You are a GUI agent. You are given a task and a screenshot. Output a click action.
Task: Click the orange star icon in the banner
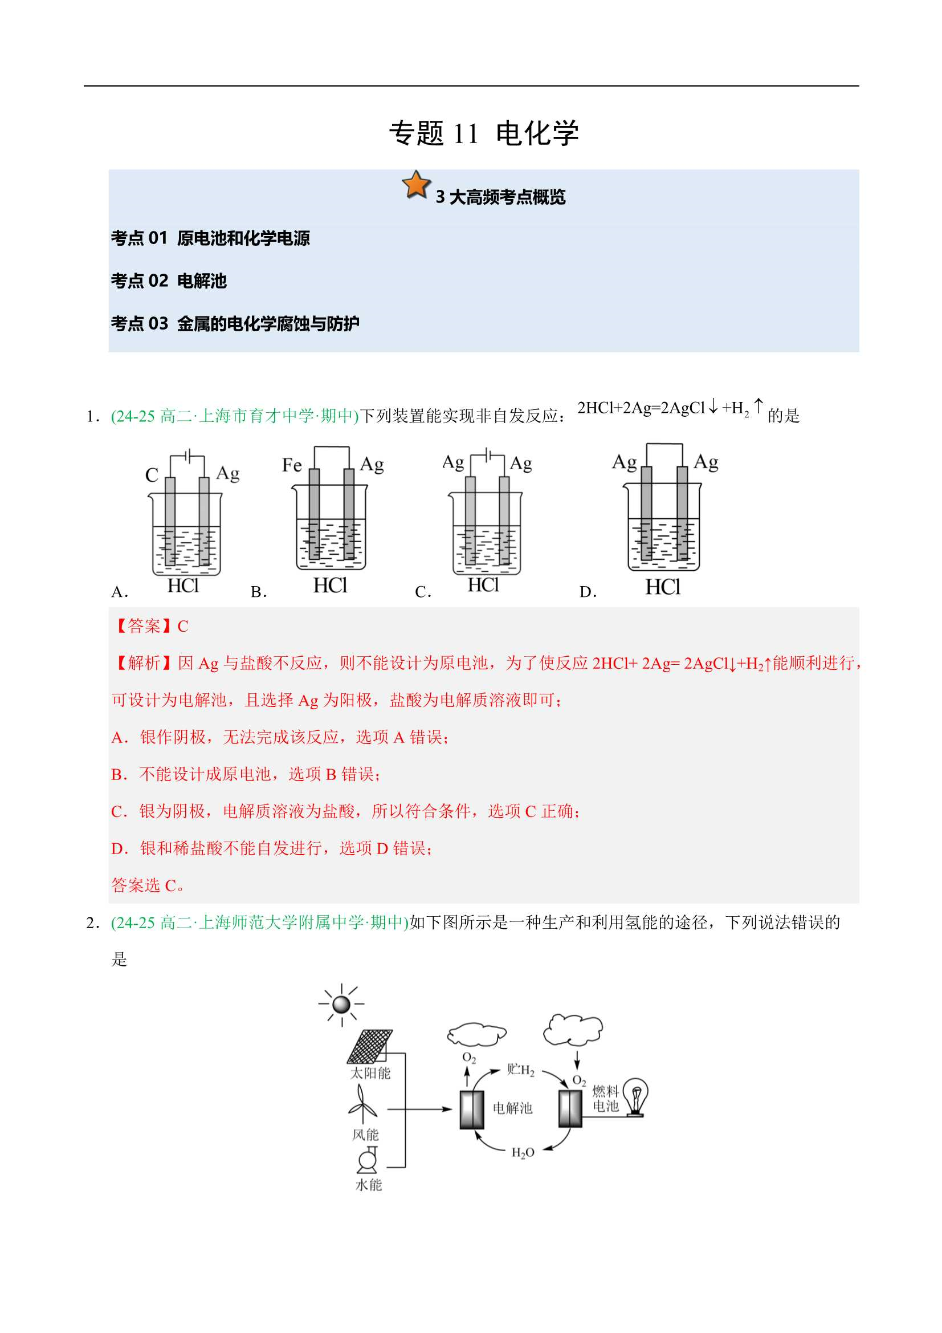(416, 185)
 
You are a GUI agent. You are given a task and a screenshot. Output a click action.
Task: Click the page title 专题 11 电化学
(484, 133)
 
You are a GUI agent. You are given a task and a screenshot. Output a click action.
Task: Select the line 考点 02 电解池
(169, 281)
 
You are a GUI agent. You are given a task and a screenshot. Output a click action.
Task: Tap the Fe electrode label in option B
(292, 465)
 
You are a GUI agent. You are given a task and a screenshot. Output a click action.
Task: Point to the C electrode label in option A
(152, 475)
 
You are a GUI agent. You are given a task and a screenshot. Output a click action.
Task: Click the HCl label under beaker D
(663, 587)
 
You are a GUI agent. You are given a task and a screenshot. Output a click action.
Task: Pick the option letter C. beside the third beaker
(423, 592)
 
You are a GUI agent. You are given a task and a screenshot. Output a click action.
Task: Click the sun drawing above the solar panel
(341, 1004)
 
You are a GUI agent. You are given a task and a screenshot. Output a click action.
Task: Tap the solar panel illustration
(370, 1046)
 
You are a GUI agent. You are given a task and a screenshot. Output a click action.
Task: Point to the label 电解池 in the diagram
(512, 1108)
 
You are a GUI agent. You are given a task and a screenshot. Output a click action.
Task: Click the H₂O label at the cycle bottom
(523, 1152)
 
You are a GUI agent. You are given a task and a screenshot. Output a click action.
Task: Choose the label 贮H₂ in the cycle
(521, 1070)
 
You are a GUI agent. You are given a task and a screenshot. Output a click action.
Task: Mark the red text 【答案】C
(150, 626)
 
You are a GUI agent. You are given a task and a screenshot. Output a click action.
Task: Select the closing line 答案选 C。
(148, 885)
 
